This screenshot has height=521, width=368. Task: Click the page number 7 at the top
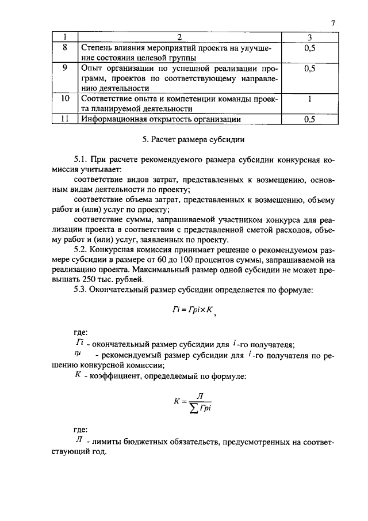coord(332,23)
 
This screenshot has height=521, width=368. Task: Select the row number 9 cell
coord(64,69)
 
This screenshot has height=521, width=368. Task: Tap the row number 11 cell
coord(64,119)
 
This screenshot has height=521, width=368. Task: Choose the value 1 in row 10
coord(309,99)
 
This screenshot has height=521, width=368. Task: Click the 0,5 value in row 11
coord(309,120)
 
